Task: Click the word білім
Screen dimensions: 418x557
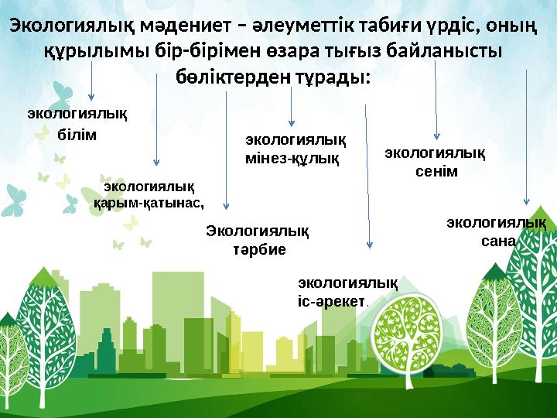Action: click(77, 135)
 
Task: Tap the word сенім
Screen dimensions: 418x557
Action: click(436, 171)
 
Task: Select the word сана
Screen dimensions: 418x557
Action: click(497, 241)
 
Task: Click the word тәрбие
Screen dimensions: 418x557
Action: click(259, 249)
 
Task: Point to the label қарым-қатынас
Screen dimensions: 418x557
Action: click(149, 203)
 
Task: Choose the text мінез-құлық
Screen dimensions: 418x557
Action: click(292, 159)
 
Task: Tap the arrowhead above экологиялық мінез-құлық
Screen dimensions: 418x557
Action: click(291, 122)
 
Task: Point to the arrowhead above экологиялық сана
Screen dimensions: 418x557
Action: click(527, 204)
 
